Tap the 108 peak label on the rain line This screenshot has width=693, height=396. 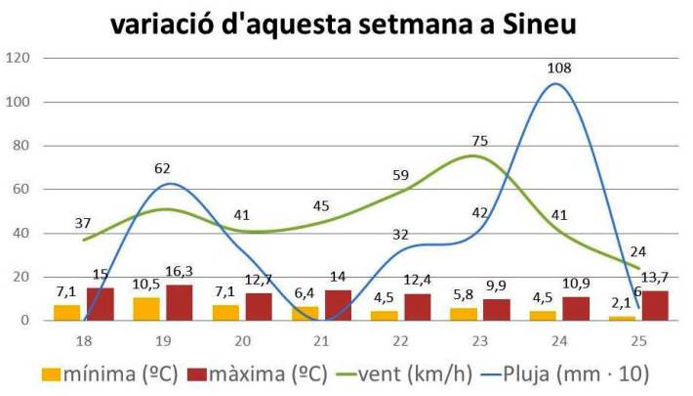[x=560, y=68]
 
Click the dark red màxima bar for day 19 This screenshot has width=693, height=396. [x=180, y=302]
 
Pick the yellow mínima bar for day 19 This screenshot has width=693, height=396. [x=144, y=309]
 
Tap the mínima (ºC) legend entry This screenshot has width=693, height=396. [x=107, y=374]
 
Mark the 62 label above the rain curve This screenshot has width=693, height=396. [x=163, y=168]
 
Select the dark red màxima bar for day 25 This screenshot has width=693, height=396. [x=655, y=305]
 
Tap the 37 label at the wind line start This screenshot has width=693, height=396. [x=82, y=223]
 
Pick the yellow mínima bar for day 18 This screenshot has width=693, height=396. [x=66, y=313]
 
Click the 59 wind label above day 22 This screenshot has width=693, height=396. [x=400, y=176]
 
